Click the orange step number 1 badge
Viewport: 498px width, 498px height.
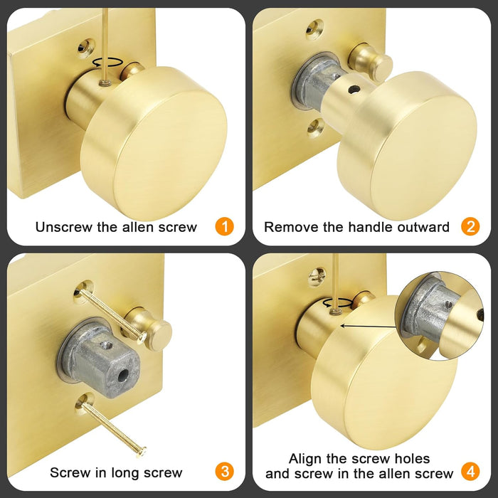tap(224, 227)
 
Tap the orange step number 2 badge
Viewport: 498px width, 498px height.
tap(470, 227)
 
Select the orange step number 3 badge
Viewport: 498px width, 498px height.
tap(224, 471)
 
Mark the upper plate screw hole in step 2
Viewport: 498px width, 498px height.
tap(315, 28)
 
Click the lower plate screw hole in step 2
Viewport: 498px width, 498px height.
tap(315, 127)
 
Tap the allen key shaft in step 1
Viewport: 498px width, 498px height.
tap(104, 43)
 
